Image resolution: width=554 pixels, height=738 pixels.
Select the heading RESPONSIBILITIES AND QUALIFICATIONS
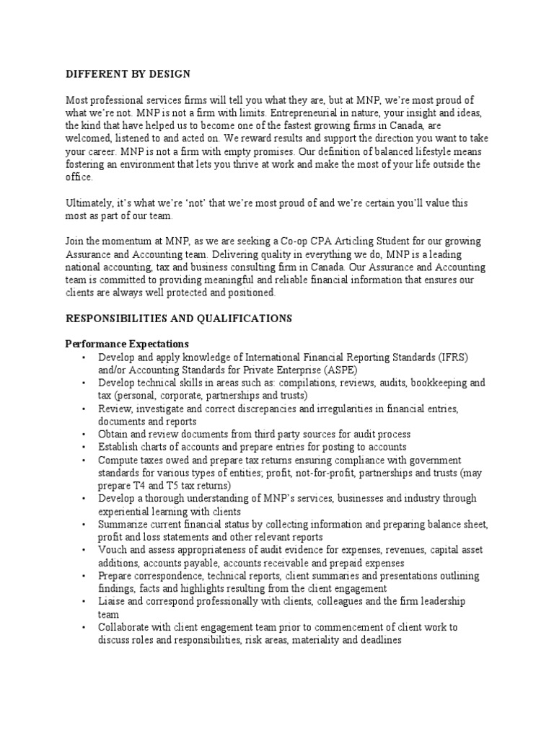179,318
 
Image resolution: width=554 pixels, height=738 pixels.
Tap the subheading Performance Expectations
127,344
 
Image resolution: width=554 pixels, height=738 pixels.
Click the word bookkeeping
431,383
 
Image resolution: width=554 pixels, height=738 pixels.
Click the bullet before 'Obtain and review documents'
84,435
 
